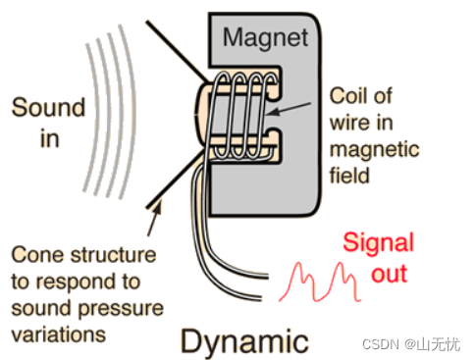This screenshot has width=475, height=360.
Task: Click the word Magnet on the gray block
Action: [265, 38]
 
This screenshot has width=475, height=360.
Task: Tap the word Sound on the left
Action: [48, 107]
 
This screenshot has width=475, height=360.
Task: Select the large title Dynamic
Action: [244, 341]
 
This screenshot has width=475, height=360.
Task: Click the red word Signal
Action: [379, 243]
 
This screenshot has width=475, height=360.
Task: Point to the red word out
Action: [389, 274]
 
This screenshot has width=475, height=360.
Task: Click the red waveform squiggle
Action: [320, 282]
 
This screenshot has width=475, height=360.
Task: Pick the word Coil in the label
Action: [343, 96]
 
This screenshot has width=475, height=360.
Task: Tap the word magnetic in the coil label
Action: [374, 149]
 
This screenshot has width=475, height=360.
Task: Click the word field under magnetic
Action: [349, 175]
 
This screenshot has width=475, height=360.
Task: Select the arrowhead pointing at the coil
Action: [272, 112]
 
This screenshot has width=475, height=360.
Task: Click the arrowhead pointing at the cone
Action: [157, 207]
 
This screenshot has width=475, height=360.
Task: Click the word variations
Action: [59, 334]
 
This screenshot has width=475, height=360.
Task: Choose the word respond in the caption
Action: [77, 283]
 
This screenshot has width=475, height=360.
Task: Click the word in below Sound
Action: [50, 138]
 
